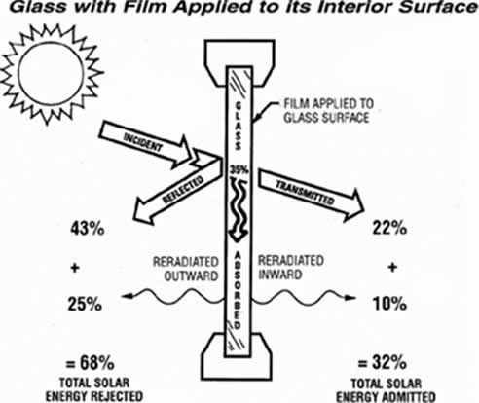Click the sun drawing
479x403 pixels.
[51, 74]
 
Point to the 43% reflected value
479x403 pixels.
[88, 229]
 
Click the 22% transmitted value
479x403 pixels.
[389, 228]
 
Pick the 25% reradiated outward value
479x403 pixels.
[85, 305]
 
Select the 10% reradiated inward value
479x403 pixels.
[389, 304]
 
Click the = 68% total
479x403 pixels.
[90, 363]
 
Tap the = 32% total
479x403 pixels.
[382, 362]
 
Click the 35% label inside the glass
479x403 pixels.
[239, 169]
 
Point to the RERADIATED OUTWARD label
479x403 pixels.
[186, 269]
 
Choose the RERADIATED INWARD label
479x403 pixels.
[291, 268]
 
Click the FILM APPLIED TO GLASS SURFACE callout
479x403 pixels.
[329, 111]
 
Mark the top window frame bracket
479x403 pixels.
[239, 61]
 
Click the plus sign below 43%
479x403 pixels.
[75, 268]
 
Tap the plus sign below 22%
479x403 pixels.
[392, 268]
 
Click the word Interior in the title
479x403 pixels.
[354, 7]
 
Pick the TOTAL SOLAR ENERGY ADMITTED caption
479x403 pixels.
[386, 390]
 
